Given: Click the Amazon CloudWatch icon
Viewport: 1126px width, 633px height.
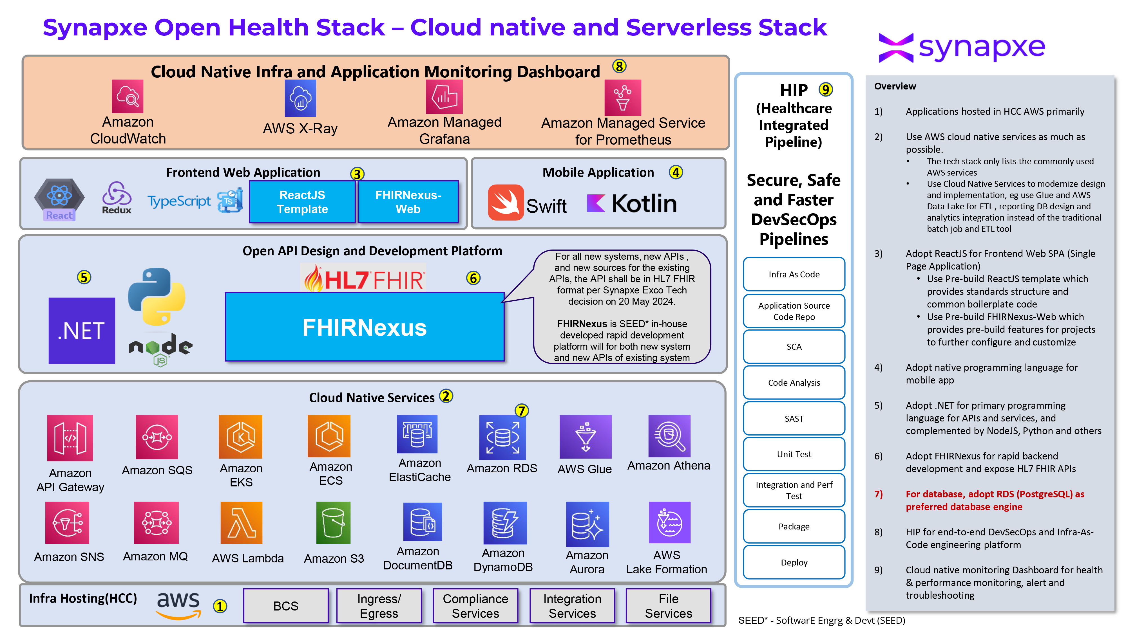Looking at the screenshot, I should tap(127, 96).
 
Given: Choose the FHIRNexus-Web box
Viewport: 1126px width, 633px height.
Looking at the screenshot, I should tap(408, 202).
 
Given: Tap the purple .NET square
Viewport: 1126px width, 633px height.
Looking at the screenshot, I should tap(82, 330).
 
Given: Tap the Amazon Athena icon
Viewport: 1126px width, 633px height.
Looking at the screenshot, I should tap(669, 436).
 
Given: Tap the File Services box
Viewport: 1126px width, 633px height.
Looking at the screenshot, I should tap(668, 606).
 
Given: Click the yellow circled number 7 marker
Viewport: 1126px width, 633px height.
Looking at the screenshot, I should tap(521, 411).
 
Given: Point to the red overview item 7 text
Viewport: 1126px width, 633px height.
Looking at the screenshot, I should tap(995, 500).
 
